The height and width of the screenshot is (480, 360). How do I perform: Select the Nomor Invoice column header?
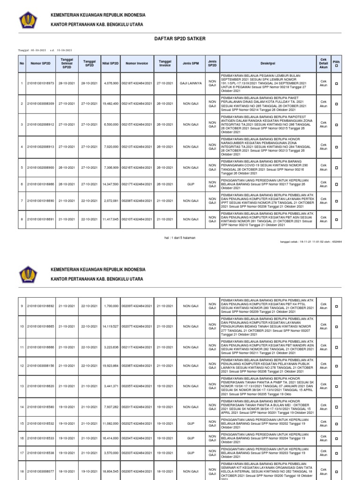(x=136, y=63)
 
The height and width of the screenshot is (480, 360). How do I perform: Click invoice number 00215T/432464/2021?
(x=136, y=125)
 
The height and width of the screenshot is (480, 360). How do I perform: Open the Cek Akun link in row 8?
(x=323, y=219)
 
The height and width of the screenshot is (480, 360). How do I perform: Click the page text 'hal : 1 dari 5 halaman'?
(x=180, y=238)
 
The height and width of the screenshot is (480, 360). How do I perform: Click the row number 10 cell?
(x=22, y=326)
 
